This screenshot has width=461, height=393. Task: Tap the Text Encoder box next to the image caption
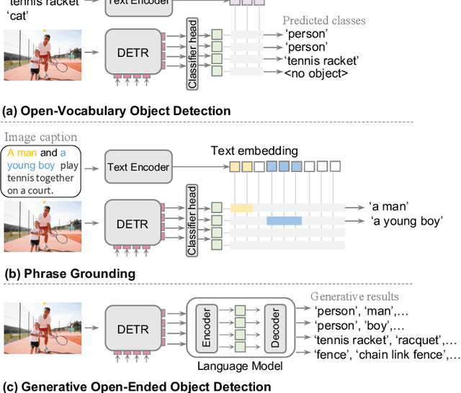[138, 167]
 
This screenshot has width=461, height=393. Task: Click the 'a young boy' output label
[406, 221]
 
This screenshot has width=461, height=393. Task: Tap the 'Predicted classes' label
[323, 20]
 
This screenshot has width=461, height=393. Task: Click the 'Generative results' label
[354, 297]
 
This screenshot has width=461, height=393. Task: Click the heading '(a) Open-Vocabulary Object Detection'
[117, 111]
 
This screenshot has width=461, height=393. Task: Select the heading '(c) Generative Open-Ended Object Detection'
[137, 386]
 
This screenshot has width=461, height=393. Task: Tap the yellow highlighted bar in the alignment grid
[241, 207]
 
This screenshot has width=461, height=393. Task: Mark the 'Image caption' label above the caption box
[40, 137]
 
